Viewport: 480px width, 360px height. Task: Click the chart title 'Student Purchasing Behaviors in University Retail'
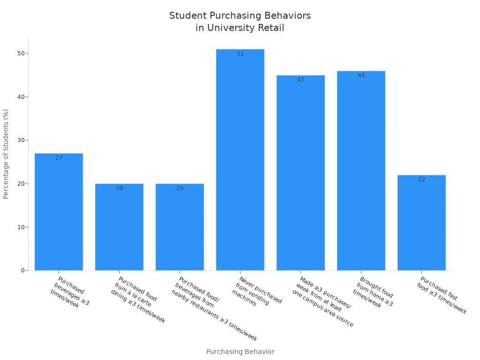[x=240, y=22]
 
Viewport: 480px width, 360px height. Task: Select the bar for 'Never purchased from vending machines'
[x=240, y=159]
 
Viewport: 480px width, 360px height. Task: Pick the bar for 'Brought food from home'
[x=361, y=171]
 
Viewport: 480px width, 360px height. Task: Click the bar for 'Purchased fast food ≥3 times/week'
[x=421, y=223]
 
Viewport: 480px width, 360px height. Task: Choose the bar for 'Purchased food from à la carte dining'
[x=119, y=227]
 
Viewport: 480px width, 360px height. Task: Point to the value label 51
[x=240, y=54]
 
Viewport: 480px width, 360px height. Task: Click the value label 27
[x=59, y=158]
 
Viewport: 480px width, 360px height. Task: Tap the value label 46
[x=361, y=75]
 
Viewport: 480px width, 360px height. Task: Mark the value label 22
[x=422, y=180]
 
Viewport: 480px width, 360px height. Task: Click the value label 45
[x=301, y=80]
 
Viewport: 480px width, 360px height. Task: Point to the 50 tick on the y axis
[x=21, y=53]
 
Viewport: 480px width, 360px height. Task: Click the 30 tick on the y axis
[x=21, y=140]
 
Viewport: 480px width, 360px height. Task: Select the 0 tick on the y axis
[x=22, y=270]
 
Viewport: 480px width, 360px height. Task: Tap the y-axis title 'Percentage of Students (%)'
[x=6, y=154]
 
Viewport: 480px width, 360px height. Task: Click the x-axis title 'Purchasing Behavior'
[x=240, y=352]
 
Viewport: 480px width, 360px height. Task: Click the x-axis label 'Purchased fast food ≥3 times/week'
[x=442, y=295]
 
